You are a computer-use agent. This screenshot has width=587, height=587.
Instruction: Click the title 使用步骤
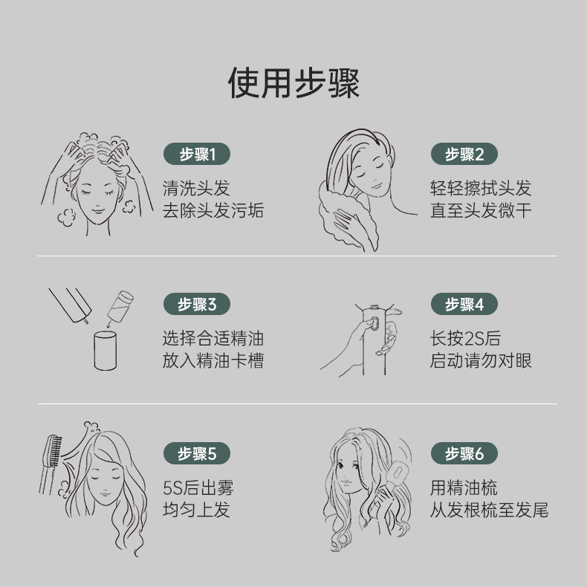(293, 83)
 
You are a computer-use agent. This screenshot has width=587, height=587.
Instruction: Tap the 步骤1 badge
(197, 154)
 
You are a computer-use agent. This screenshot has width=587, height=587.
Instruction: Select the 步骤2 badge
(464, 154)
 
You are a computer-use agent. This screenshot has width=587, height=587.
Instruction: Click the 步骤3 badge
(197, 304)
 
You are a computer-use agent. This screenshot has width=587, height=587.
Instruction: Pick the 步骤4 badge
(464, 304)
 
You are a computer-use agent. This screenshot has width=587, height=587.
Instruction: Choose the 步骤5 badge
(197, 453)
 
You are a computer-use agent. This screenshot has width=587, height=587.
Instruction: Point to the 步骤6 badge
(464, 453)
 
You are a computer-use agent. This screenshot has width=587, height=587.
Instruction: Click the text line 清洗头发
(196, 188)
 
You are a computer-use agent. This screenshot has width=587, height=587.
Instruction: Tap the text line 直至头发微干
(481, 210)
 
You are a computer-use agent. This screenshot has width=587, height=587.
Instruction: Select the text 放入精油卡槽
(213, 360)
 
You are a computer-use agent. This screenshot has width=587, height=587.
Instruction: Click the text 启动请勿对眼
(481, 360)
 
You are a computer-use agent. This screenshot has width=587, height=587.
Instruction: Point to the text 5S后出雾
(198, 487)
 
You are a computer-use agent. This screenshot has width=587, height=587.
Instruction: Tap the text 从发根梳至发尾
(490, 510)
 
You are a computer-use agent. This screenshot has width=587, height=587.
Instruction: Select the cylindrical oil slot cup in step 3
(106, 351)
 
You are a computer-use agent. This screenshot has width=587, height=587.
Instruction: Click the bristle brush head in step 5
(53, 450)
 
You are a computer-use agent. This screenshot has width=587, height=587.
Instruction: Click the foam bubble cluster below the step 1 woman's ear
(67, 218)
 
